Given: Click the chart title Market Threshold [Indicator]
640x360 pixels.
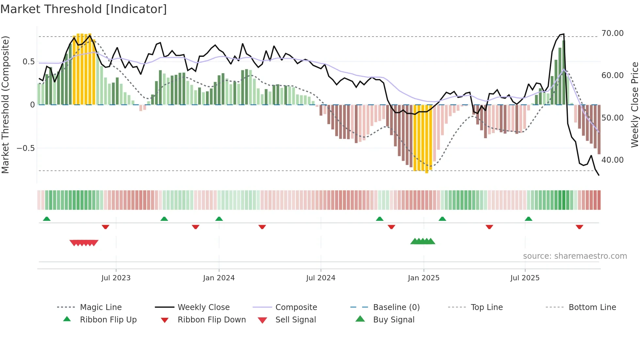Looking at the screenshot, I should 84,9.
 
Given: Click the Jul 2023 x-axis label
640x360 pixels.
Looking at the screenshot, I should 116,278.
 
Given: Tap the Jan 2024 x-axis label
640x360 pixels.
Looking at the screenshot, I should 219,278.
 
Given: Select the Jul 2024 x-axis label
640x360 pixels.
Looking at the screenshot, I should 321,278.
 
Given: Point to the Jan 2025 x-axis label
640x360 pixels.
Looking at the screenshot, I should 424,278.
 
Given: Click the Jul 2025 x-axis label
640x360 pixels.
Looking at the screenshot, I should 525,278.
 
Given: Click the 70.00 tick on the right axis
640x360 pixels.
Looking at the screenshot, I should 612,33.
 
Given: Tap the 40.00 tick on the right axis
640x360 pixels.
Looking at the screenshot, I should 612,160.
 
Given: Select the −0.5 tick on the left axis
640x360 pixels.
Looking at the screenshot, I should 25,148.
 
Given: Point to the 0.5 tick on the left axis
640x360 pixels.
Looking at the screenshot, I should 28,62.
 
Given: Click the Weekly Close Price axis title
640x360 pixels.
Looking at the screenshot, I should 634,105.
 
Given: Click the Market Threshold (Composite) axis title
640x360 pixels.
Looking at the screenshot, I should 5,105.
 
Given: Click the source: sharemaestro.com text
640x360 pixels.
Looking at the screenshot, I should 575,256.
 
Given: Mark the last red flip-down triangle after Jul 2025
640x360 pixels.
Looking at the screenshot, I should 580,227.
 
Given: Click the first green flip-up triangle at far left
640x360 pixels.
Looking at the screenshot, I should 47,219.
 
